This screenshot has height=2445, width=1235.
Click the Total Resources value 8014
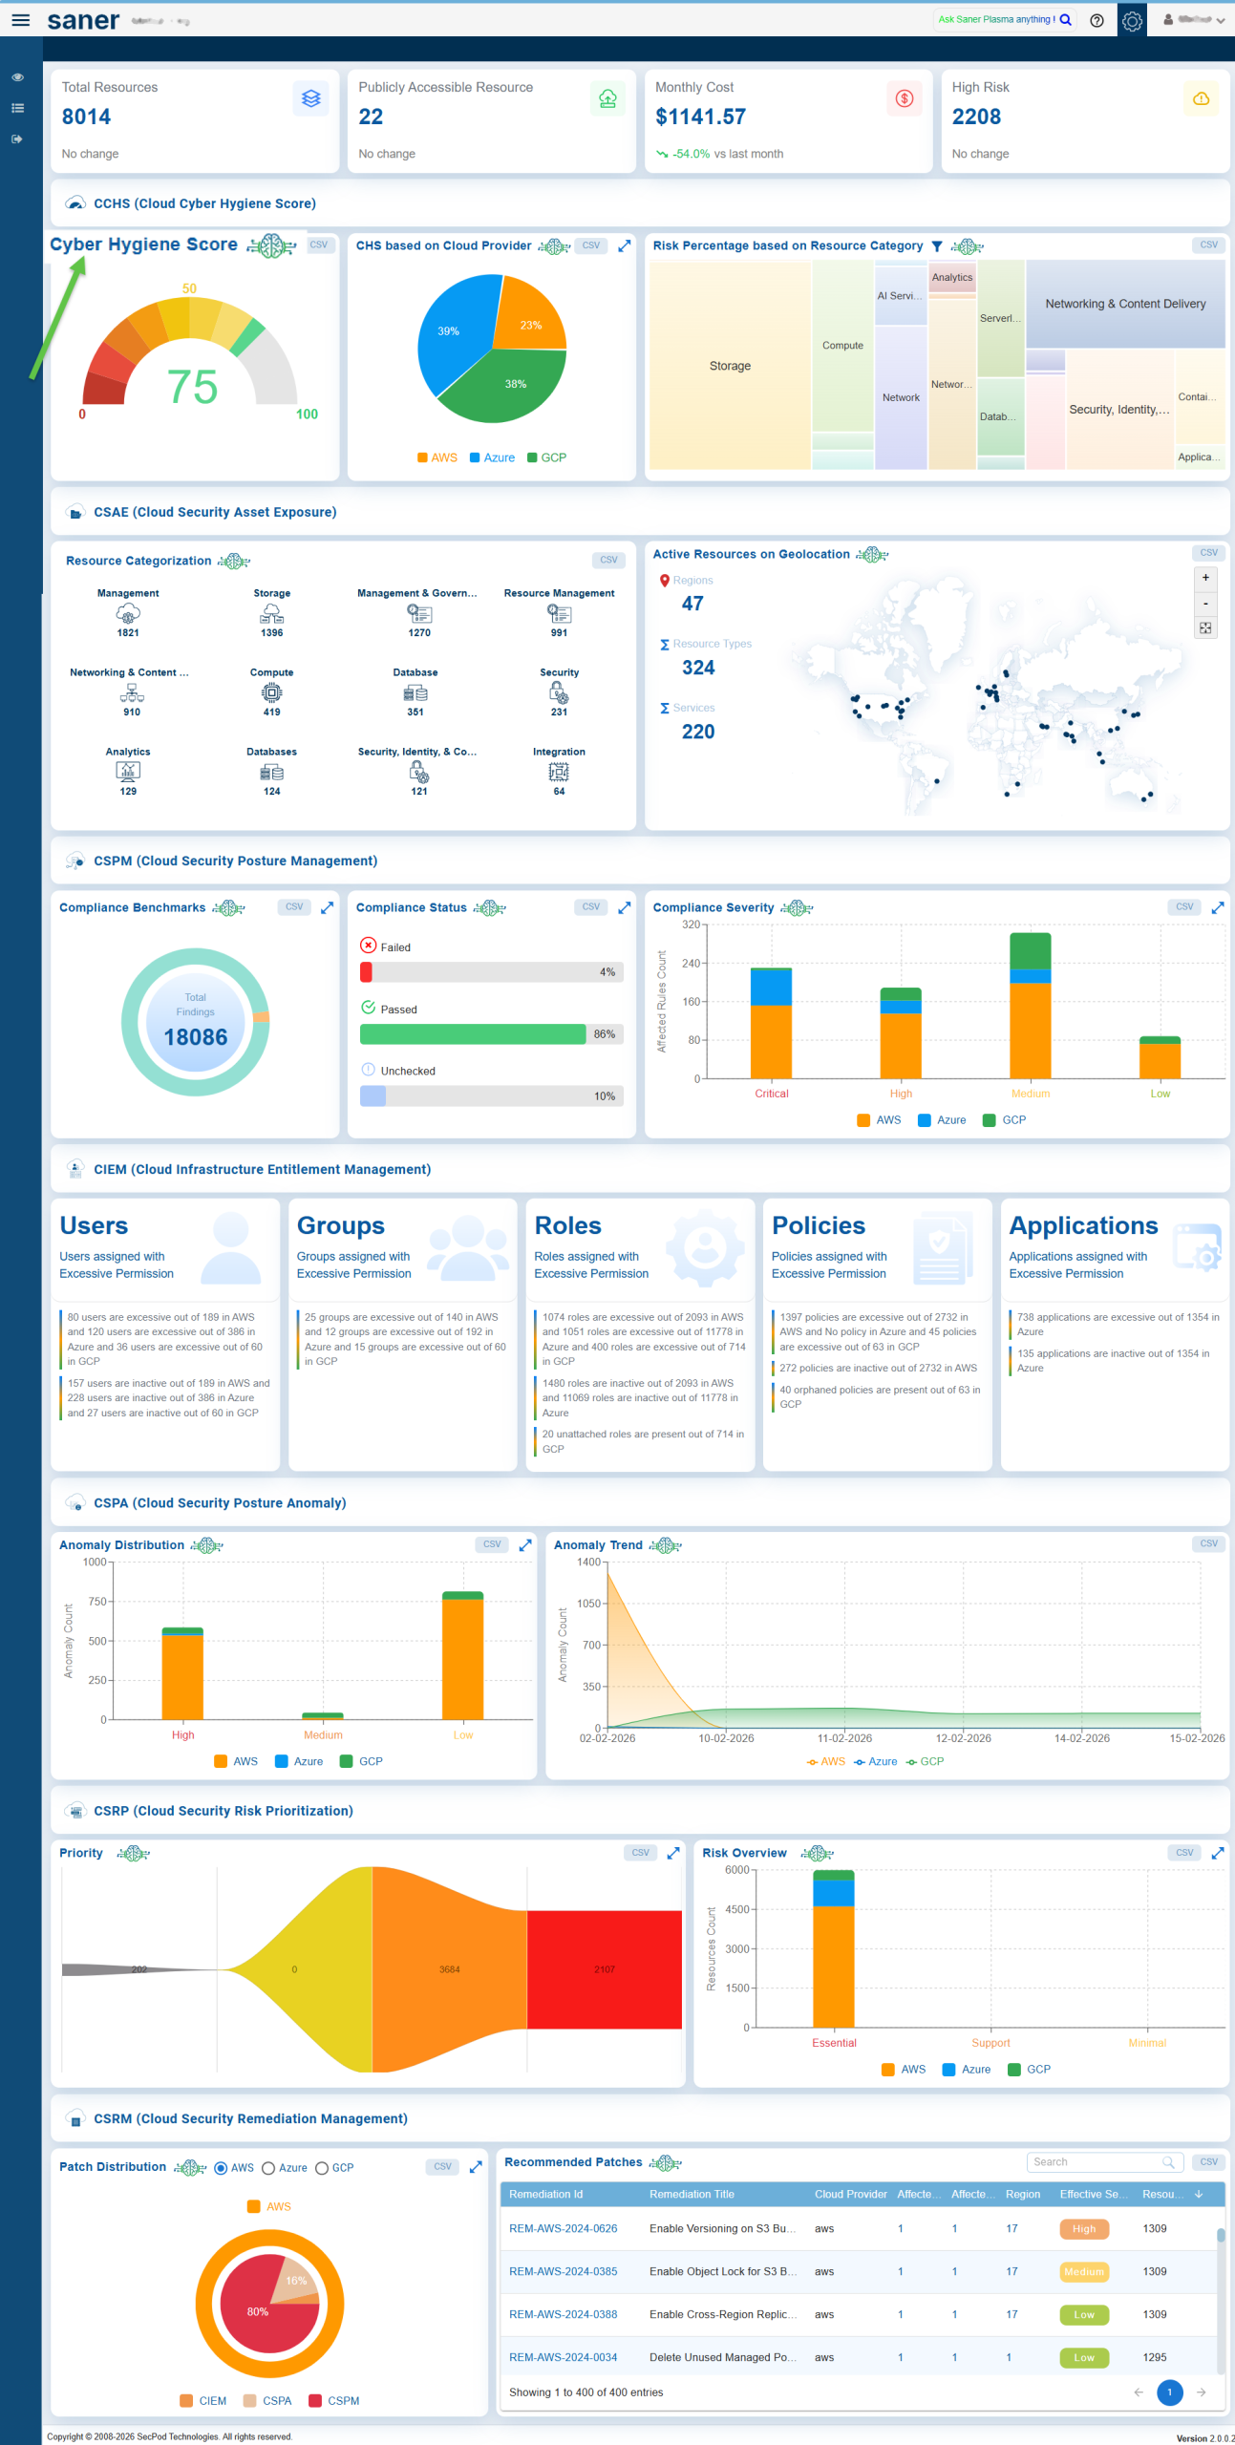tap(86, 117)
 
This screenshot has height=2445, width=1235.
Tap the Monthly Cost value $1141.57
tap(700, 117)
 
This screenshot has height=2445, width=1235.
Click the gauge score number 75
tap(192, 387)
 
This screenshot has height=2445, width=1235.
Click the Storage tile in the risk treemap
tap(730, 366)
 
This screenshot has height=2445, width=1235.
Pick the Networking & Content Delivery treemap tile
tap(1124, 304)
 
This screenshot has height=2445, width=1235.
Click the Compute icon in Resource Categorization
tap(272, 692)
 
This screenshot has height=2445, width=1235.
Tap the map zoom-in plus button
tap(1205, 578)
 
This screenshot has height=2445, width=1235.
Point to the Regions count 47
tap(692, 604)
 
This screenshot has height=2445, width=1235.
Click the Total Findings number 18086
tap(196, 1037)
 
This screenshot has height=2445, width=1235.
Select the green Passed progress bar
tap(473, 1034)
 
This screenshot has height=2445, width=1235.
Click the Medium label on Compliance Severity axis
tap(1030, 1094)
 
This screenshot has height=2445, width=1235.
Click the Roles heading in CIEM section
tap(567, 1225)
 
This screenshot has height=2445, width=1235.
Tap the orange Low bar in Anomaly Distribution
tap(463, 1659)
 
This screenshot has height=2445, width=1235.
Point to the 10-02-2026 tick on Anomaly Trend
tap(726, 1738)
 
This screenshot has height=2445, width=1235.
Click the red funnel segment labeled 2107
tap(605, 1969)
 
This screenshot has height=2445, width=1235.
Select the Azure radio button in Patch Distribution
tap(268, 2168)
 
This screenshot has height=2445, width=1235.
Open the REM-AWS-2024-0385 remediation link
tap(563, 2271)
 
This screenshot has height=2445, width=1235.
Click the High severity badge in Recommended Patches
tap(1084, 2228)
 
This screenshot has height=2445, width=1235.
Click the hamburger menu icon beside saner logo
tap(20, 19)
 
